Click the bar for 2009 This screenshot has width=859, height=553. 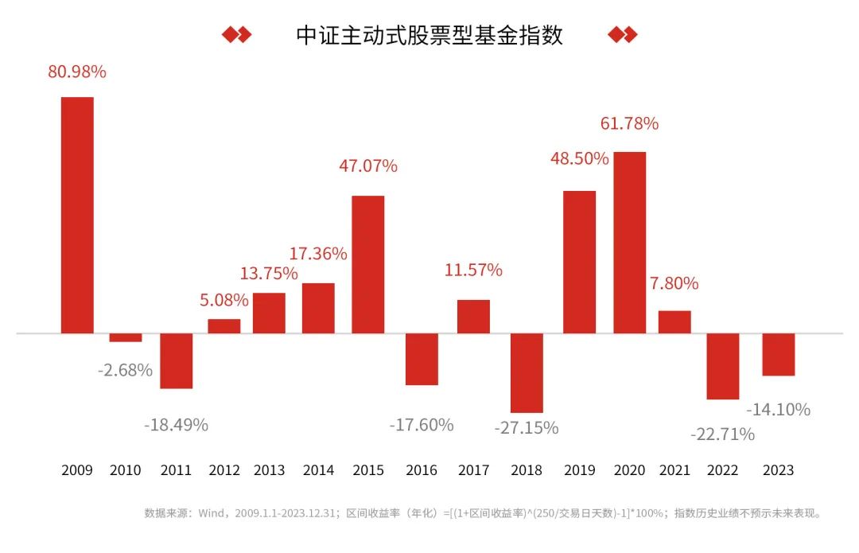coord(77,215)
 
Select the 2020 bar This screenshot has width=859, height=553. coord(629,242)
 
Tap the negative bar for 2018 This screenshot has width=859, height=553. coord(527,372)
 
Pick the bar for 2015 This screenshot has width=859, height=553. coord(367,264)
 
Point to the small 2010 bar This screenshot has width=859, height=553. coord(126,337)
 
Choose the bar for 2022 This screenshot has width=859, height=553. coord(723,366)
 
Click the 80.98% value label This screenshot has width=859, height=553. coord(77,72)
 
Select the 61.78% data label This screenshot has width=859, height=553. coord(629,123)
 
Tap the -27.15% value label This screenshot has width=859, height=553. coord(527,428)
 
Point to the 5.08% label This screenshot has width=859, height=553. coord(223,301)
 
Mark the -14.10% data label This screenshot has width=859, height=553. coord(779,410)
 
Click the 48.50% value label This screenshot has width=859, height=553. coord(579,158)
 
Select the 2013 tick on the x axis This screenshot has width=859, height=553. coord(269,470)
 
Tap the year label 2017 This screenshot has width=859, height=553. coord(473,470)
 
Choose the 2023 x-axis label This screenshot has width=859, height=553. coord(778,470)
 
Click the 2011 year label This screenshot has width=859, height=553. coord(176,470)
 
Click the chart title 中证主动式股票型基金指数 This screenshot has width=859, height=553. coord(429,35)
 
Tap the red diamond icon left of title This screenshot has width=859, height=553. coord(236,35)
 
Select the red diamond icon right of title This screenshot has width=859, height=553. coord(622,35)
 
